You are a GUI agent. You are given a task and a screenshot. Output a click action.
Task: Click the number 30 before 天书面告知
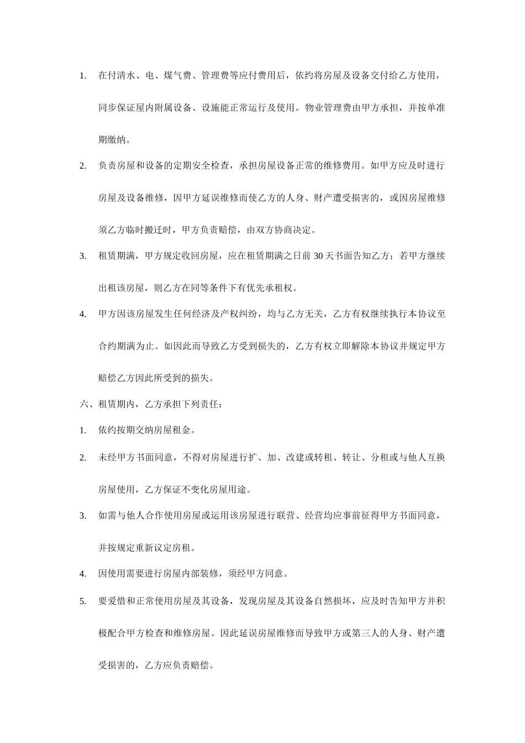(x=318, y=256)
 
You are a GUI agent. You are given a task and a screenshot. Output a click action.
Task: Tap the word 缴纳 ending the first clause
(x=117, y=140)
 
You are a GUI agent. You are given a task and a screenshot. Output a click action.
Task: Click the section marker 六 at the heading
(x=84, y=404)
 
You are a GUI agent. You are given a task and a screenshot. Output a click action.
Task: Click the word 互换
(x=436, y=457)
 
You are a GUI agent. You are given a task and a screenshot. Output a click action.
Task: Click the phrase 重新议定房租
(x=164, y=548)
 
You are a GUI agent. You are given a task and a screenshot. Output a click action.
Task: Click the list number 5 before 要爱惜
(x=83, y=601)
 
